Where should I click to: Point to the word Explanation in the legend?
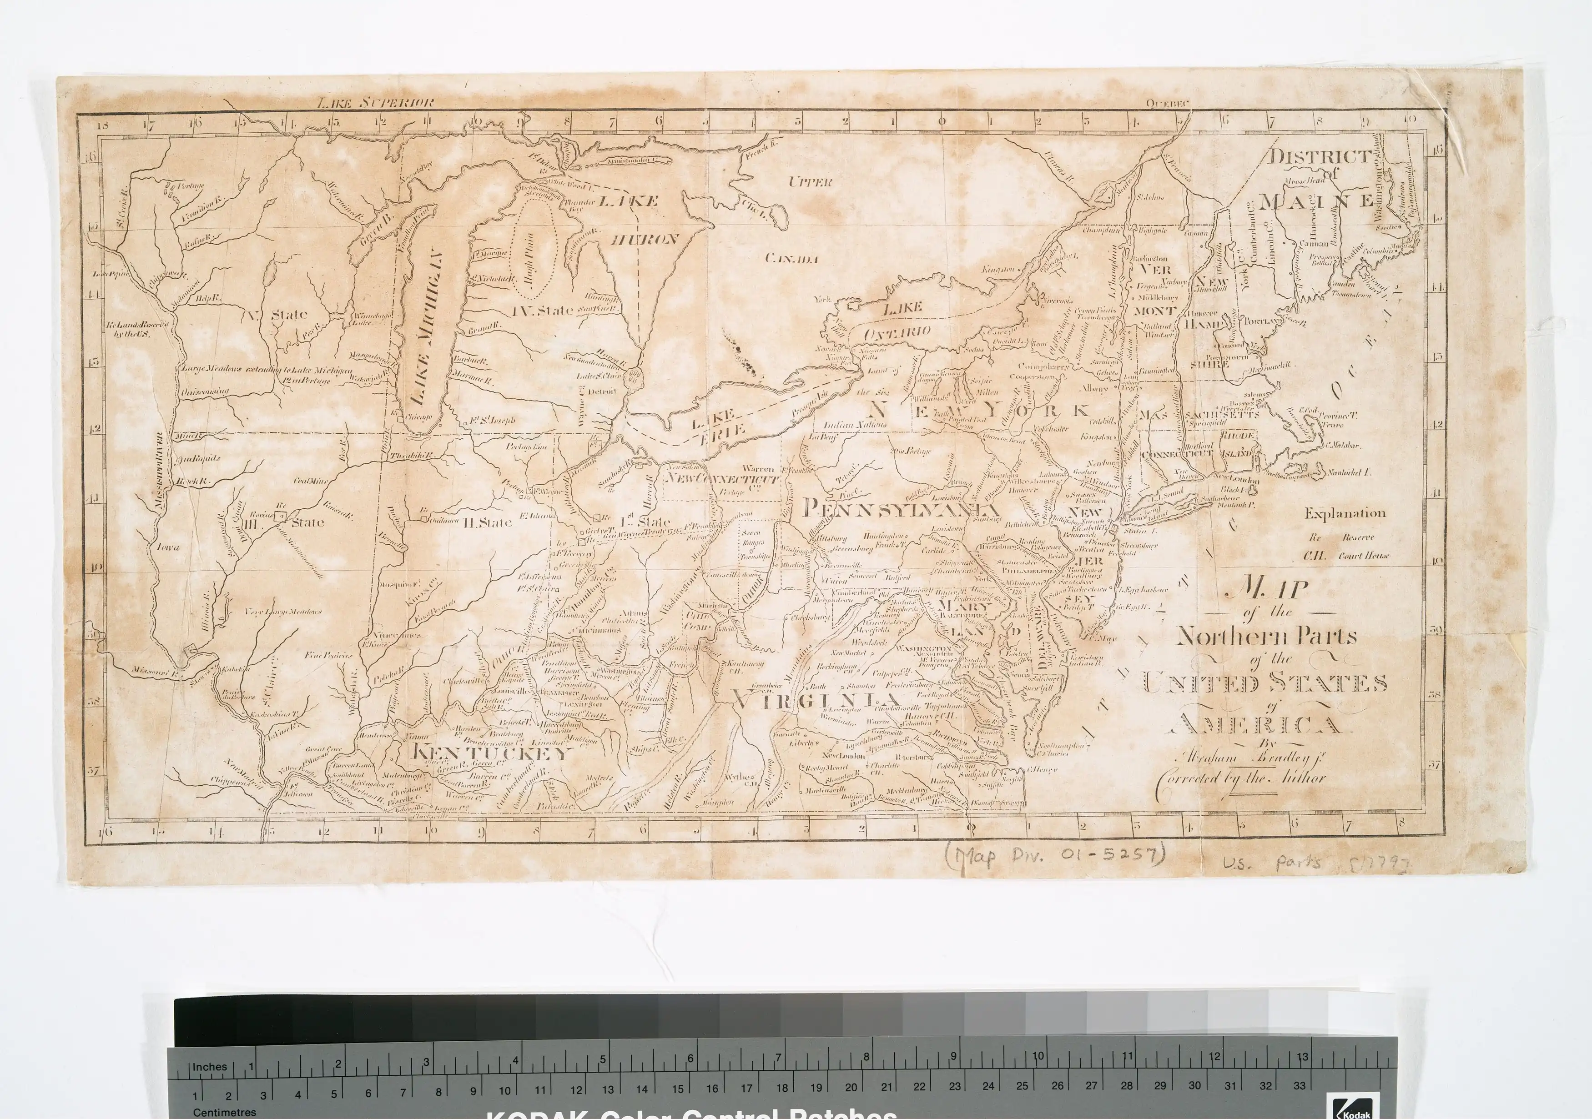click(1345, 514)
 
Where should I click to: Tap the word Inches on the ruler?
click(209, 1067)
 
